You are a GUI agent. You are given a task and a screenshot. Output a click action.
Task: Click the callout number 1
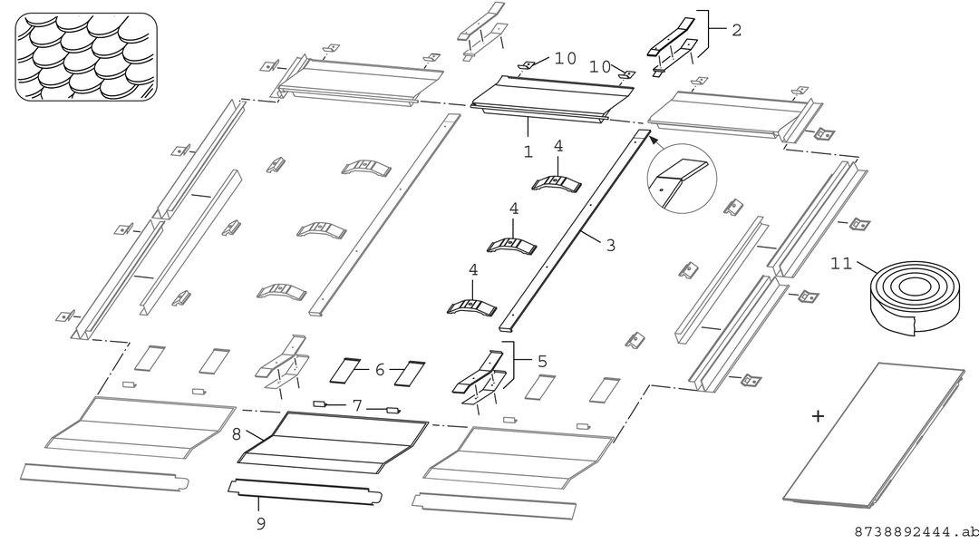[x=528, y=151]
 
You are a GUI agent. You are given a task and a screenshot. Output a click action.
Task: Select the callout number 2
[x=737, y=30]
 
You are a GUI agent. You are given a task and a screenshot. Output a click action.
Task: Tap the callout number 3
[x=611, y=246]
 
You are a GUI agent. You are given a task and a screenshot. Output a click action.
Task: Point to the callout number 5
[x=542, y=361]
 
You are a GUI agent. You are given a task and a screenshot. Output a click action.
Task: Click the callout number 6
[x=380, y=370]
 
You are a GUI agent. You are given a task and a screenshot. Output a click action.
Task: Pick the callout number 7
[x=356, y=406]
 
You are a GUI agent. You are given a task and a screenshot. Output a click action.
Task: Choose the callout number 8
[x=236, y=434]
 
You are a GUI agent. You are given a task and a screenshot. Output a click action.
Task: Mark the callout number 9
[x=261, y=523]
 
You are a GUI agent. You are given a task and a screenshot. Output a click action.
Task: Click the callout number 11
[x=841, y=264]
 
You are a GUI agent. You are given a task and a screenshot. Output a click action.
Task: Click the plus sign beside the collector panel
[x=818, y=416]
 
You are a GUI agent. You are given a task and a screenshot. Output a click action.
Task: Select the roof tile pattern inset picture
[x=86, y=56]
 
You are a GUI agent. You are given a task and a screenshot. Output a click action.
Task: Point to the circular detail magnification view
[x=682, y=178]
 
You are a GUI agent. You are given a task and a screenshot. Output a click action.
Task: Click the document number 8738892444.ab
[x=916, y=532]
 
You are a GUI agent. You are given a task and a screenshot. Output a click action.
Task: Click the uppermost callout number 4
[x=558, y=146]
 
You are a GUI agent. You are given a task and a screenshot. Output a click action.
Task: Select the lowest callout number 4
[x=473, y=270]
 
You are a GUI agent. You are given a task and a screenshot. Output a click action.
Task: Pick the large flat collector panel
[x=874, y=434]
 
